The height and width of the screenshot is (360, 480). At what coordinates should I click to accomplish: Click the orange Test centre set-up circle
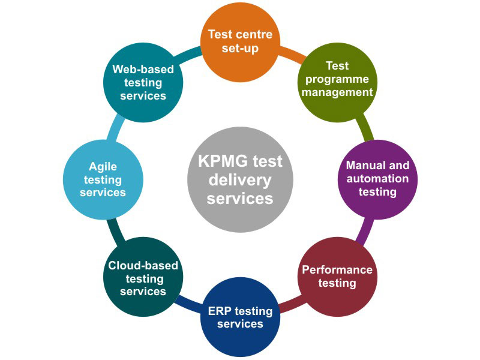point(240,42)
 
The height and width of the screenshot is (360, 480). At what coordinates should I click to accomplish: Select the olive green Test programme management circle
point(337,79)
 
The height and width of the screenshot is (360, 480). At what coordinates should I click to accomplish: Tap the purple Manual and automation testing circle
point(377,179)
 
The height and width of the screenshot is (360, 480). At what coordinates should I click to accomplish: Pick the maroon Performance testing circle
point(337,277)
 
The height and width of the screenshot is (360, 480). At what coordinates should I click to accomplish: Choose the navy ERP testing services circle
point(240,317)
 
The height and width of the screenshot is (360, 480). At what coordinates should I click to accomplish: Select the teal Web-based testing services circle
point(143,82)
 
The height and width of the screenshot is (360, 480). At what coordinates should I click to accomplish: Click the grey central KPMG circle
point(240,179)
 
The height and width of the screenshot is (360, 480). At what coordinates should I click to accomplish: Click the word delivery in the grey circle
point(240,180)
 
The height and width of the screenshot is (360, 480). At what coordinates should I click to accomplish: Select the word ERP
point(220,311)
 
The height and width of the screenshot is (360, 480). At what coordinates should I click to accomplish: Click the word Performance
point(337,270)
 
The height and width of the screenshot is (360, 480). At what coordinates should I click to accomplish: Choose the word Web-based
point(143,70)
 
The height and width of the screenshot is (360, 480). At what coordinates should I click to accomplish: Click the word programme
point(337,79)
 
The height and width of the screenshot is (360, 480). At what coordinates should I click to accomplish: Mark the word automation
point(377,179)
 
